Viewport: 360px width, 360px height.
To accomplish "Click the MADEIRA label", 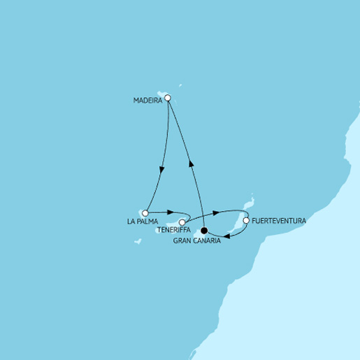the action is pyautogui.click(x=147, y=101).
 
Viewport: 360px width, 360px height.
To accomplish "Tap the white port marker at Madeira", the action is pyautogui.click(x=168, y=99).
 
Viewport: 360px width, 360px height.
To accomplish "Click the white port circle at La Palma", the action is pyautogui.click(x=145, y=213).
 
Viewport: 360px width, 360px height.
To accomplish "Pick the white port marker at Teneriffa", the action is pyautogui.click(x=182, y=222).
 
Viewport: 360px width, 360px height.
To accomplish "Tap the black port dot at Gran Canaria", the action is pyautogui.click(x=204, y=231).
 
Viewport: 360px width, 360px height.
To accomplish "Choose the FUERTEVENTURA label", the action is pyautogui.click(x=278, y=221).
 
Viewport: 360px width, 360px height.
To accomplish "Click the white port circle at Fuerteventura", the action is pyautogui.click(x=245, y=221).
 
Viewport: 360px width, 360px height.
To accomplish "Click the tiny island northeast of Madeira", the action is pyautogui.click(x=180, y=86).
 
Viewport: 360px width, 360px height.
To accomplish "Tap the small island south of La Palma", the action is pyautogui.click(x=138, y=242).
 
